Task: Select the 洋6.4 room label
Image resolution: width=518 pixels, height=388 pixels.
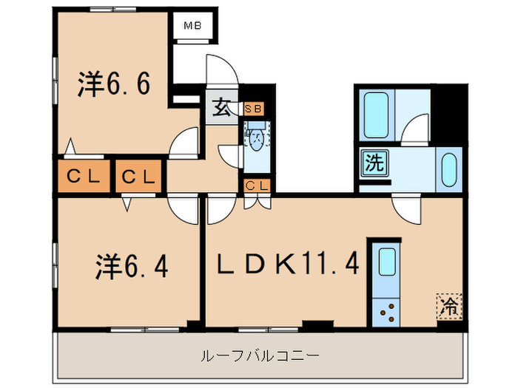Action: coord(132,266)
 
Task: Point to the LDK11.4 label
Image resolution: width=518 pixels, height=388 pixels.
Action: coord(288,263)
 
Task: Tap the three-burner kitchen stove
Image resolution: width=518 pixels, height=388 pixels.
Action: coord(386,313)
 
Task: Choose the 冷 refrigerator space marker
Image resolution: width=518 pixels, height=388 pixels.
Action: coord(449,303)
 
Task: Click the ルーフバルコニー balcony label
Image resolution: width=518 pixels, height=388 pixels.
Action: coord(260,355)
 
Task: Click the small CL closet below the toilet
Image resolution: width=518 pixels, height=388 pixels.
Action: coord(257,186)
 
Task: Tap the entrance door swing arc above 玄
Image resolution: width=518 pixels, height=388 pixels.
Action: coord(222,74)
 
